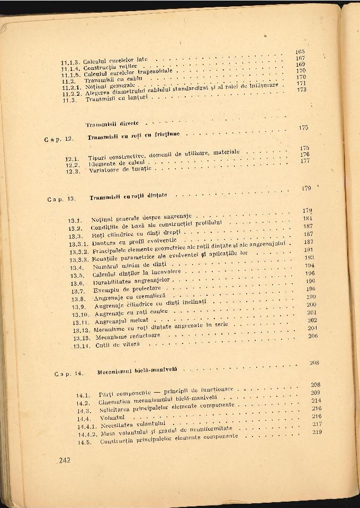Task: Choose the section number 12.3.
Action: pyautogui.click(x=73, y=171)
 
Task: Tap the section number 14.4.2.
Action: pyautogui.click(x=87, y=434)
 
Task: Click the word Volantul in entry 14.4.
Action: pyautogui.click(x=112, y=418)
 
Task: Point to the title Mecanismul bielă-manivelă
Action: pyautogui.click(x=137, y=372)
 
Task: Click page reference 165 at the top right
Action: pyautogui.click(x=300, y=52)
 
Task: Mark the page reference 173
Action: pyautogui.click(x=302, y=89)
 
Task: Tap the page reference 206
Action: pyautogui.click(x=312, y=336)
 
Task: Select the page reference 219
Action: pyautogui.click(x=317, y=432)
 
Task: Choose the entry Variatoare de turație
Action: pyautogui.click(x=119, y=170)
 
